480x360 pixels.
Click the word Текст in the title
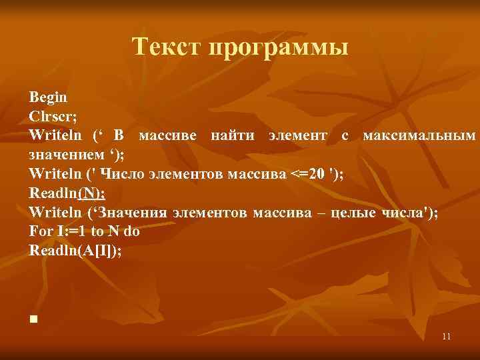click(167, 48)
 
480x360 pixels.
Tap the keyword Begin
click(47, 98)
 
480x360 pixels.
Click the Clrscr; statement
click(53, 117)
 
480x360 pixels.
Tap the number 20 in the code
click(319, 175)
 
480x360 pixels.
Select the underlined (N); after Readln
click(91, 193)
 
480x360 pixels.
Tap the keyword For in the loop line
click(40, 232)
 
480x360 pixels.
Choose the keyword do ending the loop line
click(131, 232)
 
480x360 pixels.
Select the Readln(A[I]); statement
click(75, 251)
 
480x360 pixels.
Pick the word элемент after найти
click(297, 136)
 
